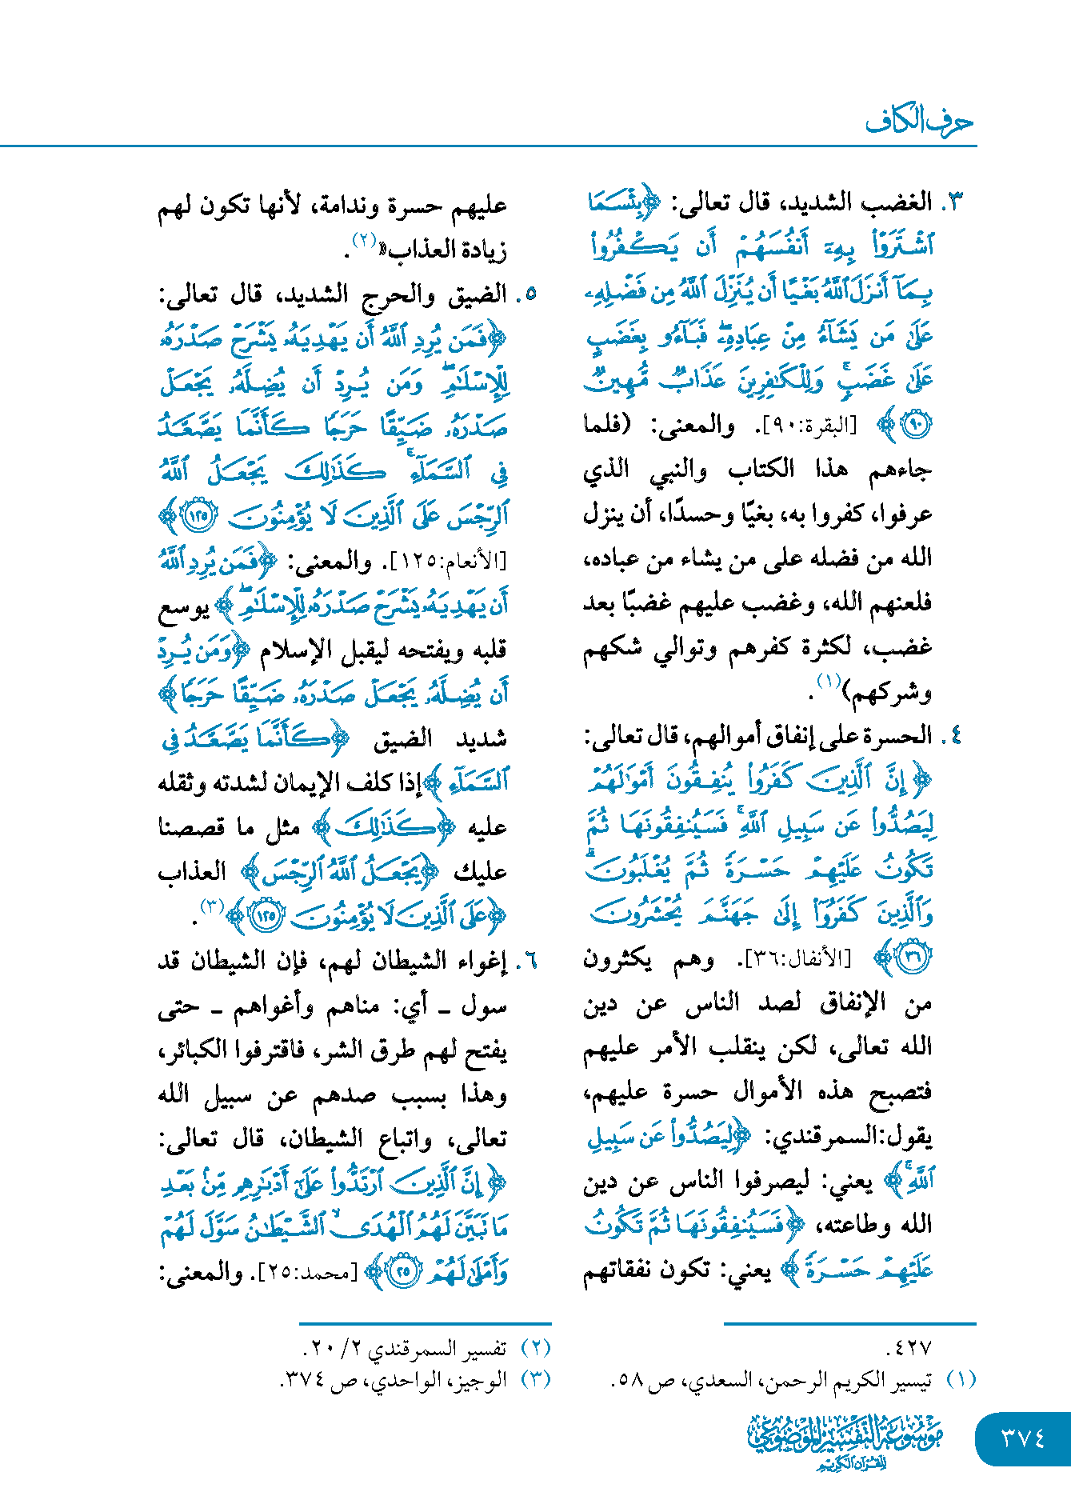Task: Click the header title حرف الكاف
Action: [919, 122]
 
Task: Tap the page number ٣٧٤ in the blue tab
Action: [1023, 1438]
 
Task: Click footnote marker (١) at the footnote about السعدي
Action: [961, 1380]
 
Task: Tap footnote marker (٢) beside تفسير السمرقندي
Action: [535, 1348]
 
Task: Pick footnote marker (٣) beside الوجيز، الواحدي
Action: [535, 1380]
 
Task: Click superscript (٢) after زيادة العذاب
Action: [365, 240]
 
